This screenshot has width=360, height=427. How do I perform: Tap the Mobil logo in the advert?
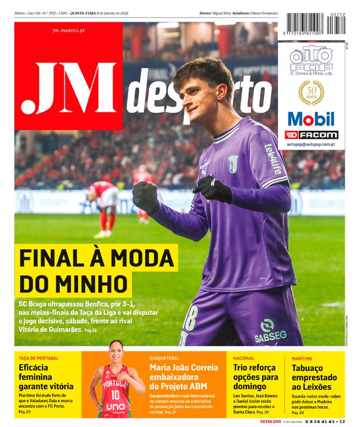[x=311, y=119]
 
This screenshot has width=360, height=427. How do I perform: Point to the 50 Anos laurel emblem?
[x=311, y=93]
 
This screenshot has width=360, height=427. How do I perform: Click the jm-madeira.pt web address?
[x=68, y=30]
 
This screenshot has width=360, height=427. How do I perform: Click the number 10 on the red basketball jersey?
[x=115, y=394]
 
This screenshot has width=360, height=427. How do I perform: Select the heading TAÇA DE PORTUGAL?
[x=38, y=358]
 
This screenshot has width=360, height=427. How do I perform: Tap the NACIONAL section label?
[x=244, y=358]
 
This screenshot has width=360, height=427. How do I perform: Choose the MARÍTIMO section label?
[x=302, y=358]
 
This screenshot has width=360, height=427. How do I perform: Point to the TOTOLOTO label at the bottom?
[x=270, y=422]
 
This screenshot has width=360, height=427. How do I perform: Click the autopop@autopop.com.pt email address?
[x=311, y=144]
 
